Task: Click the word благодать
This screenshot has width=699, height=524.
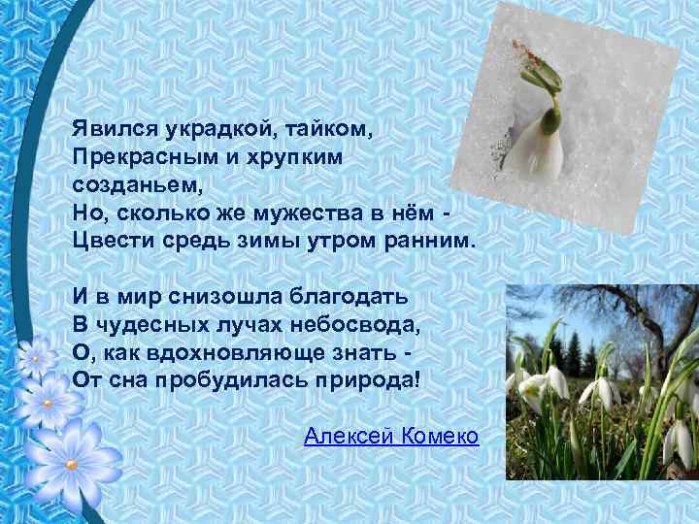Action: [344, 294]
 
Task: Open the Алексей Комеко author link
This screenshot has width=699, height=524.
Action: [390, 436]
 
